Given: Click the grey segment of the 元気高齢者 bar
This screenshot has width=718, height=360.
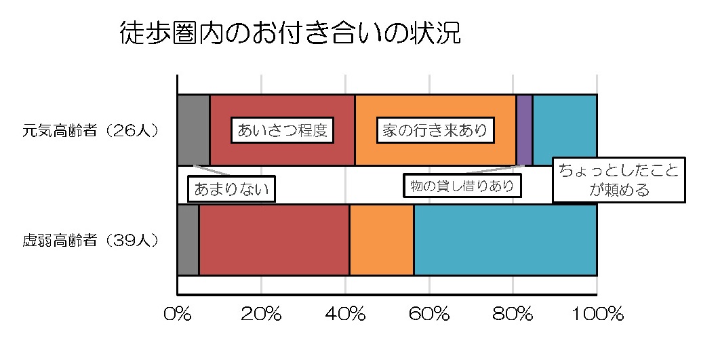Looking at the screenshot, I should point(193,129).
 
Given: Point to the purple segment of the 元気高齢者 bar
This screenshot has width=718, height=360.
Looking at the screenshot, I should point(524,129).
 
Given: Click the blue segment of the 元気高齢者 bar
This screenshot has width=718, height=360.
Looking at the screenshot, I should point(564,125).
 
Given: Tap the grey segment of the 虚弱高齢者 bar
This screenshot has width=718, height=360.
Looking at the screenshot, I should point(188,240).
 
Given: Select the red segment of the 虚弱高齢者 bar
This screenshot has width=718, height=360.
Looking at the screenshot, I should point(274,240).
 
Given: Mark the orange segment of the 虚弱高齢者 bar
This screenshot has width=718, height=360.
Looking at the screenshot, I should point(382,240).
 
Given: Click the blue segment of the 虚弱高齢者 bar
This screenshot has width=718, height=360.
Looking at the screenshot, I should point(505,240).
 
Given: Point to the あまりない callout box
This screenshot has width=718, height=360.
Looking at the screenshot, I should point(232,189).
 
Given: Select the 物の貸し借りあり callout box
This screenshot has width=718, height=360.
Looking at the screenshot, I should point(462,185).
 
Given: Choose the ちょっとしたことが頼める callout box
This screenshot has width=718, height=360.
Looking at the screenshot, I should point(619,180).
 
